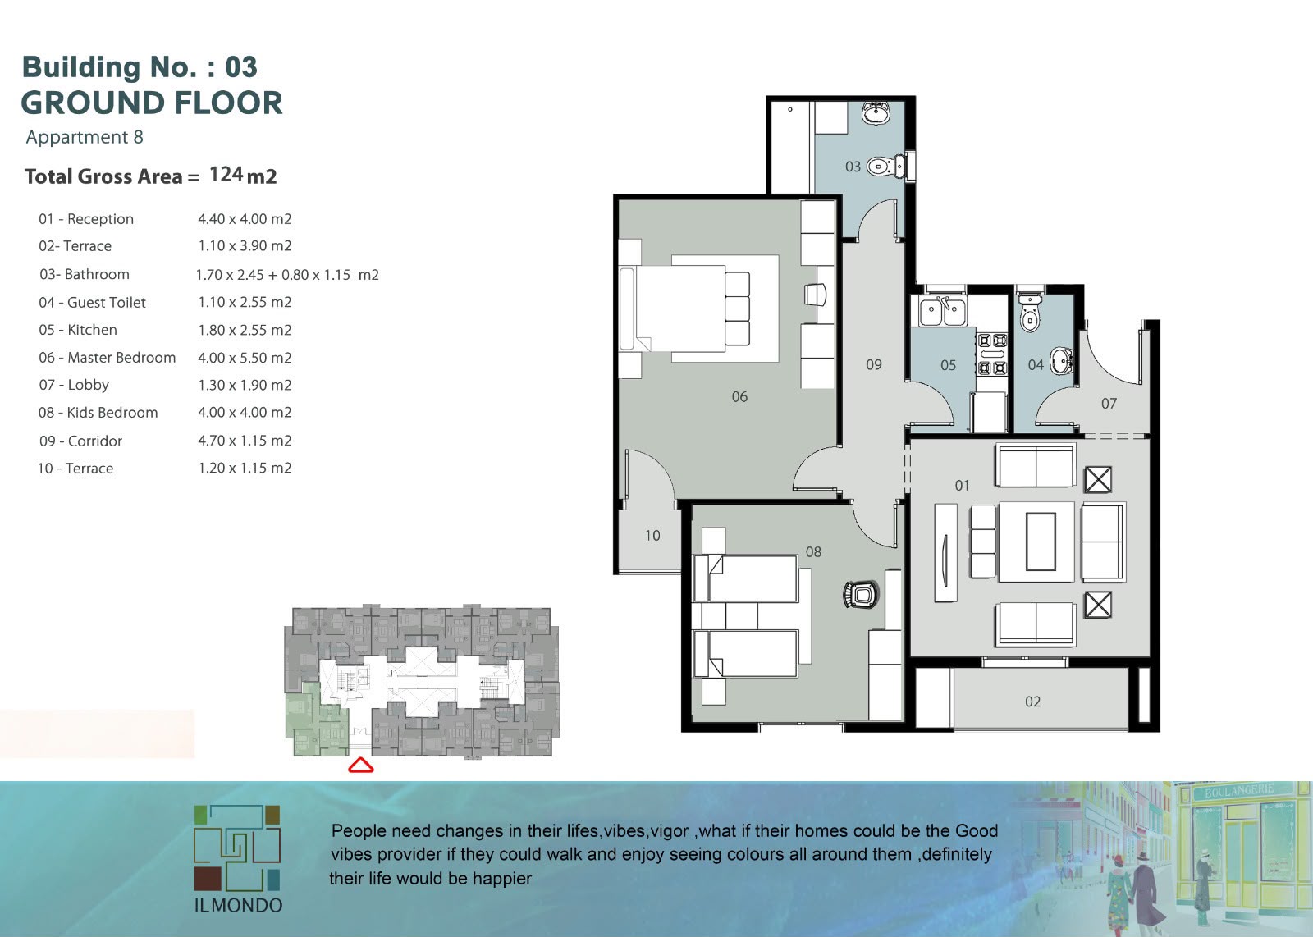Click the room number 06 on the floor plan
[739, 397]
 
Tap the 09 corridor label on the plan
[873, 364]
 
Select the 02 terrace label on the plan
[1033, 702]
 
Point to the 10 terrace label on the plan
[652, 535]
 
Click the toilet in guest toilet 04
[1029, 313]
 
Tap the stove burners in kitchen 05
[992, 354]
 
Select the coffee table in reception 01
[1041, 541]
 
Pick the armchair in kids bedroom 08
[861, 594]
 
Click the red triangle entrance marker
[360, 766]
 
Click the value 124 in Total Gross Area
[226, 174]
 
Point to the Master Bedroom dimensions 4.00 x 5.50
[245, 358]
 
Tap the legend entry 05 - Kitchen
[78, 330]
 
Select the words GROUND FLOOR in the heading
[152, 103]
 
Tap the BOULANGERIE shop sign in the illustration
[1239, 790]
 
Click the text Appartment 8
[85, 137]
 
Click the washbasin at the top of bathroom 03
[876, 113]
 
